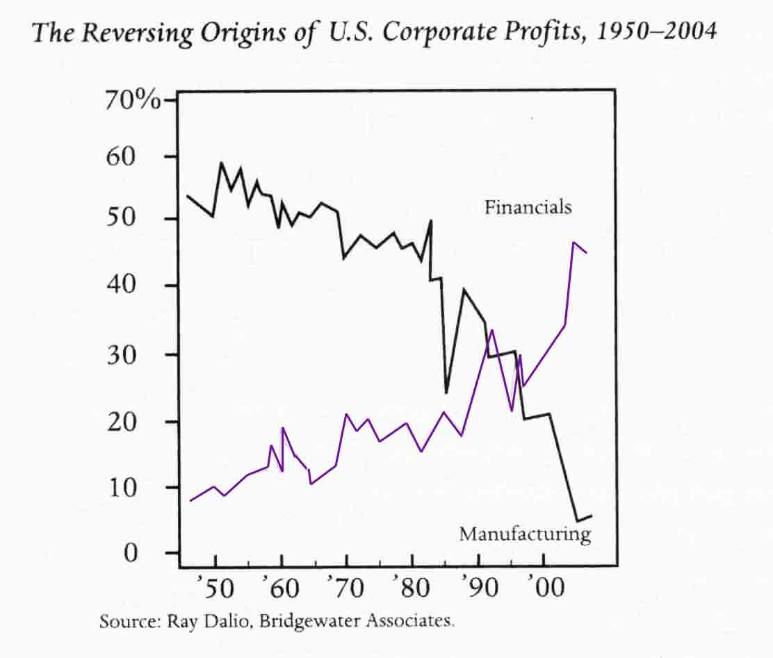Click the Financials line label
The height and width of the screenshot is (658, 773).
click(x=528, y=207)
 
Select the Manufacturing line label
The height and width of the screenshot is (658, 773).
click(x=524, y=534)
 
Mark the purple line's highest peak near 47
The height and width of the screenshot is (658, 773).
click(x=573, y=242)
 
